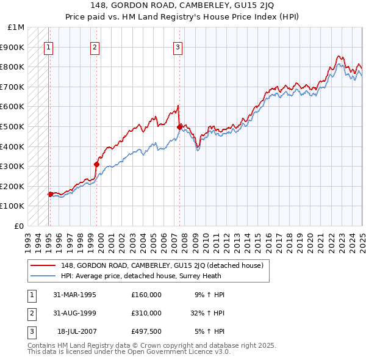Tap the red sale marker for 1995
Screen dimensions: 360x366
pyautogui.click(x=50, y=194)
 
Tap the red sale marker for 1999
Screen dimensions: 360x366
pyautogui.click(x=96, y=164)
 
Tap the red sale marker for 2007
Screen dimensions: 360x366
pyautogui.click(x=179, y=127)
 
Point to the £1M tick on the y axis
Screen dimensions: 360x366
pyautogui.click(x=16, y=27)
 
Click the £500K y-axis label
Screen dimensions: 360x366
pyautogui.click(x=14, y=126)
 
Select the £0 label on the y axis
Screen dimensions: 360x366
pyautogui.click(x=20, y=226)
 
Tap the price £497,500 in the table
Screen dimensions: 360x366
pyautogui.click(x=146, y=331)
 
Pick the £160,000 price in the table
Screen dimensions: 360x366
pyautogui.click(x=146, y=295)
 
